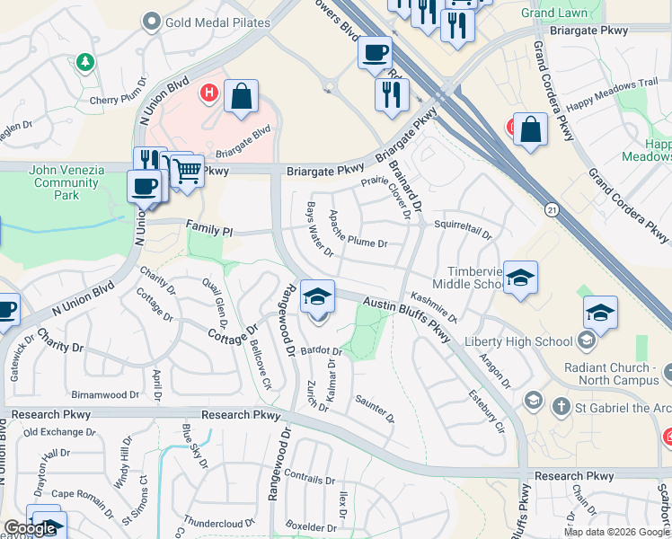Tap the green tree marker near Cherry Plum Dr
[x=84, y=63]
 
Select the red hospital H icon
[x=209, y=92]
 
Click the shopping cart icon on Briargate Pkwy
[x=186, y=169]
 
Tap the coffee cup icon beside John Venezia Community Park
[x=145, y=187]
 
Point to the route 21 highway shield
[x=551, y=209]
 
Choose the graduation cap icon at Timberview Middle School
[x=520, y=278]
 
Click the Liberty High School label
[x=517, y=341]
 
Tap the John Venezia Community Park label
[x=66, y=182]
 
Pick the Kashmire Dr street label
[x=434, y=307]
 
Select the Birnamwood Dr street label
[x=105, y=393]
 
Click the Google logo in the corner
[x=30, y=529]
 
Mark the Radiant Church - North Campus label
[x=619, y=375]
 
